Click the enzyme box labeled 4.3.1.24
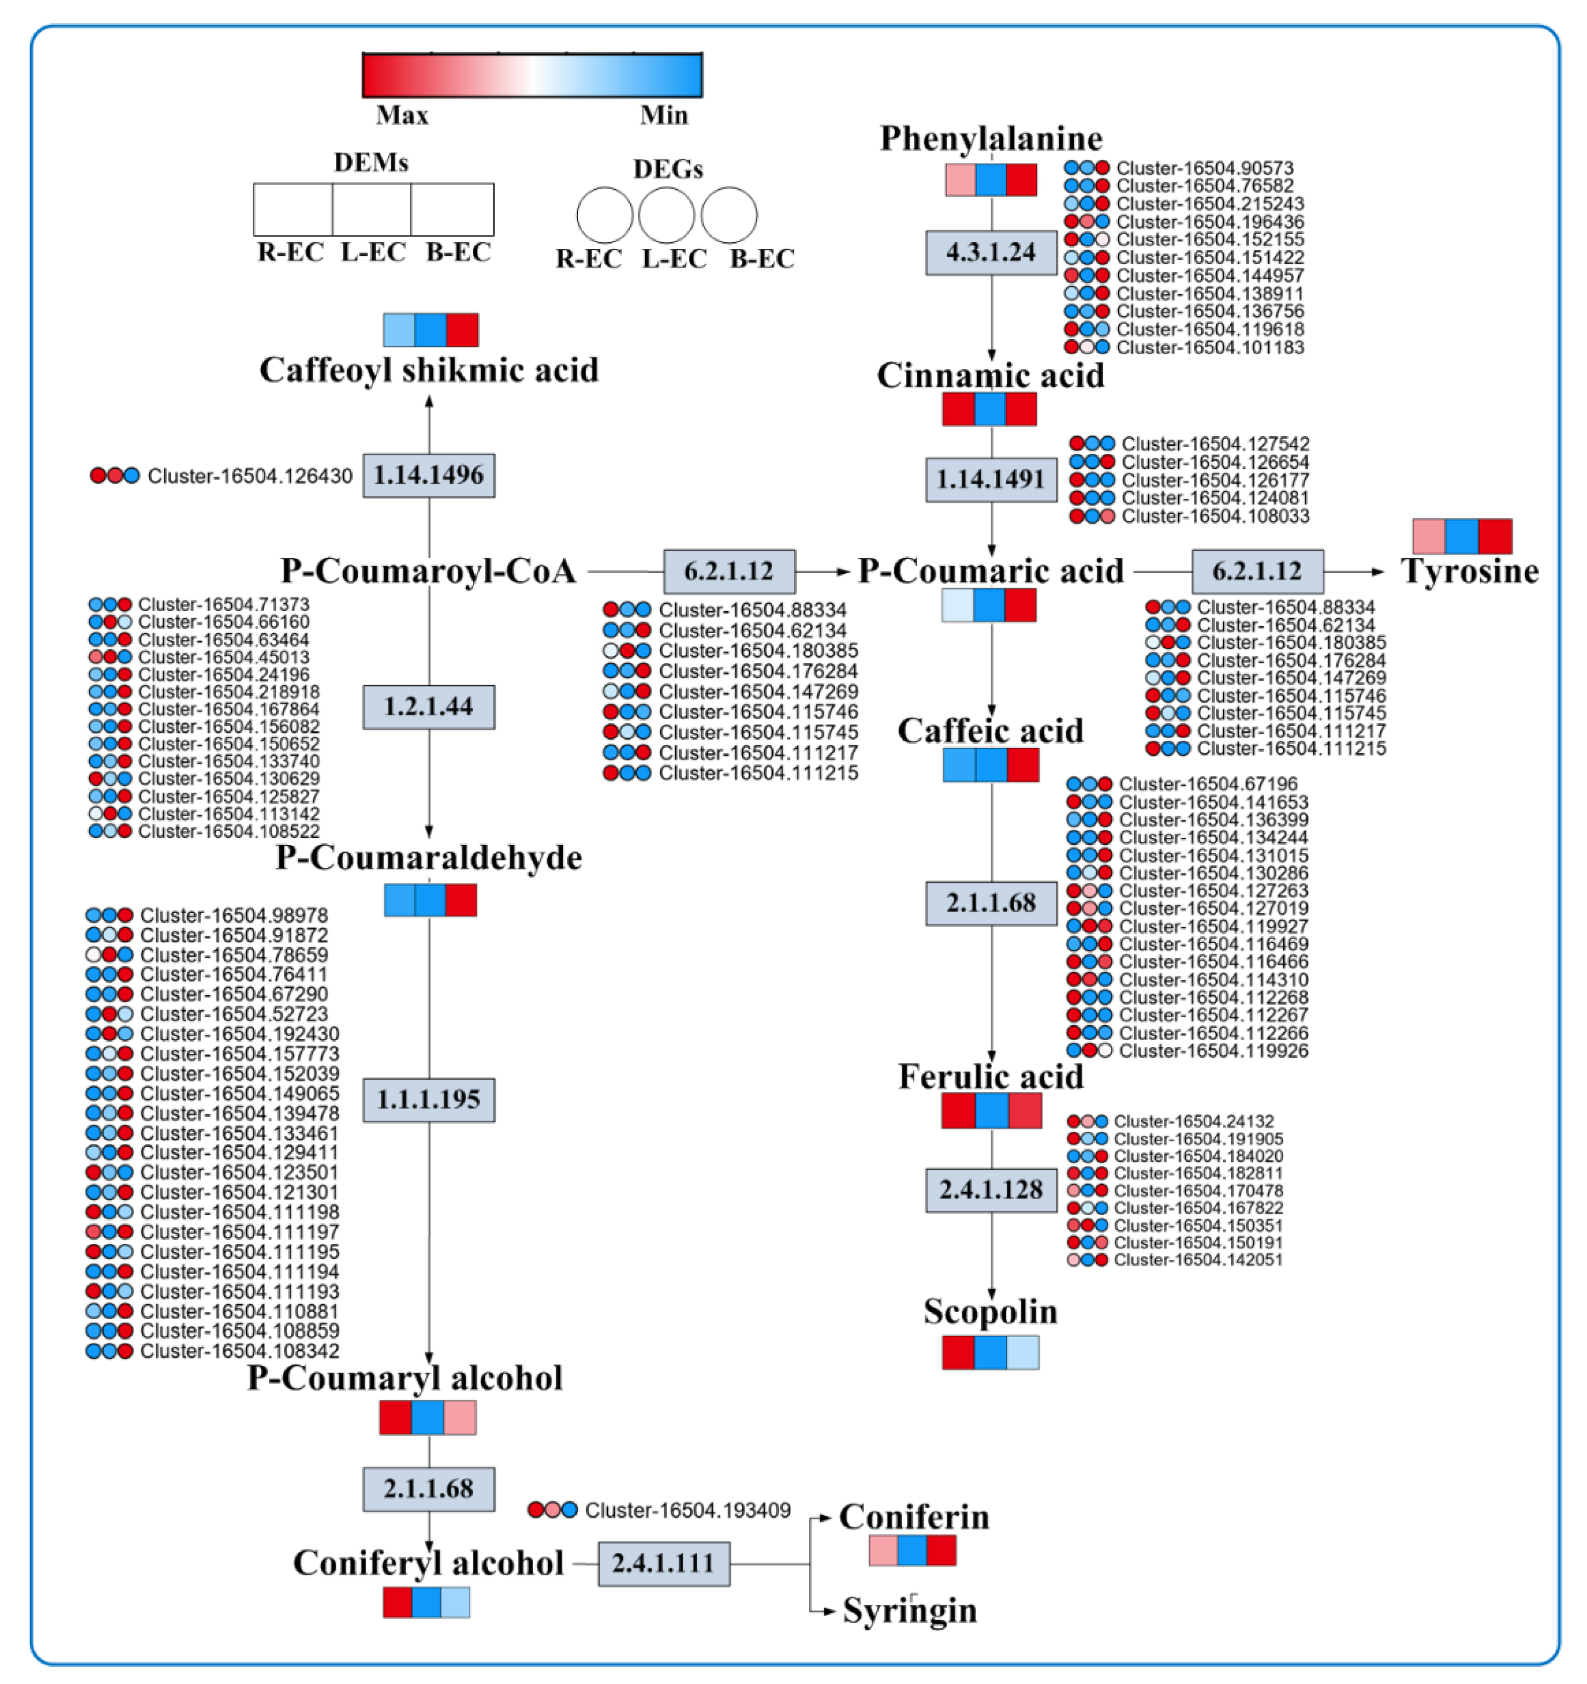pyautogui.click(x=990, y=252)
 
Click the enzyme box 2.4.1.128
pyautogui.click(x=990, y=1190)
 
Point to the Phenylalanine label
pyautogui.click(x=990, y=138)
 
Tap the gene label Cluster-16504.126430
pyautogui.click(x=250, y=476)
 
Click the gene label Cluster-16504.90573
pyautogui.click(x=1204, y=168)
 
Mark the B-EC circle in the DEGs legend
pyautogui.click(x=728, y=215)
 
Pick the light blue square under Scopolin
pyautogui.click(x=1022, y=1353)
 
